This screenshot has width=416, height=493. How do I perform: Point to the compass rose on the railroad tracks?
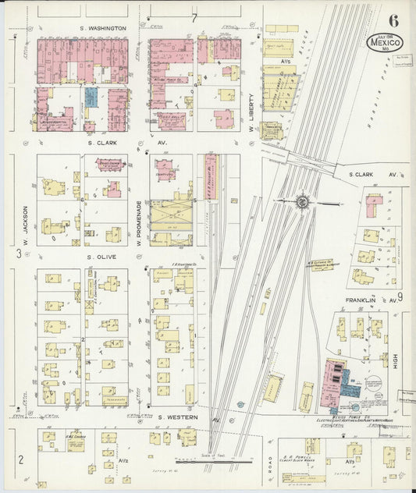click(302, 201)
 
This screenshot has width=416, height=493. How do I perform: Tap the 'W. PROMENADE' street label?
click(140, 222)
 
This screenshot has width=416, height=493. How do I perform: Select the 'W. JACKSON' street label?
click(25, 221)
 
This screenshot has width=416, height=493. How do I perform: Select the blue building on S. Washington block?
click(91, 98)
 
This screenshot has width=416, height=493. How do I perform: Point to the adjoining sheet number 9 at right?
click(399, 296)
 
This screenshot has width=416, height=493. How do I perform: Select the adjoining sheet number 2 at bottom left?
click(21, 458)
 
